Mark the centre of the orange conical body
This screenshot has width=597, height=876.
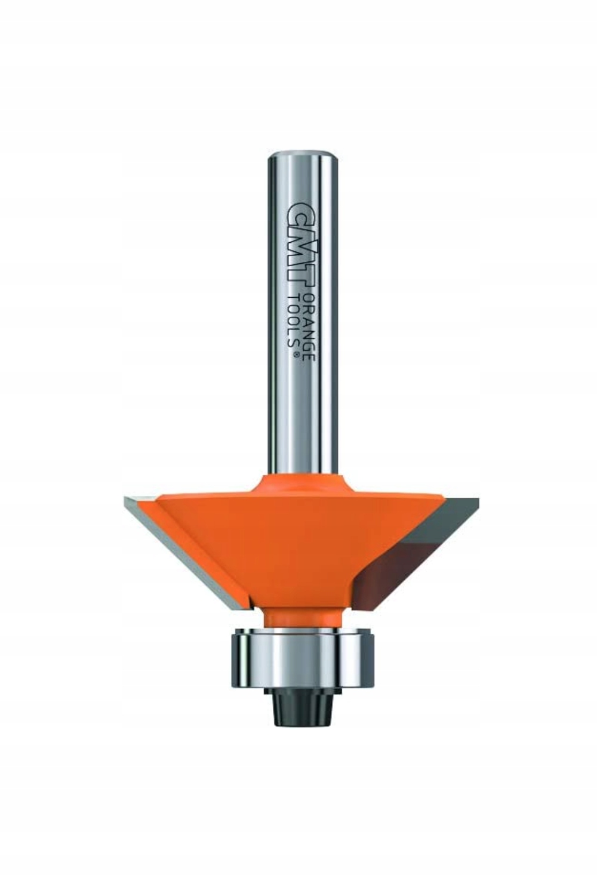[x=298, y=543]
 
